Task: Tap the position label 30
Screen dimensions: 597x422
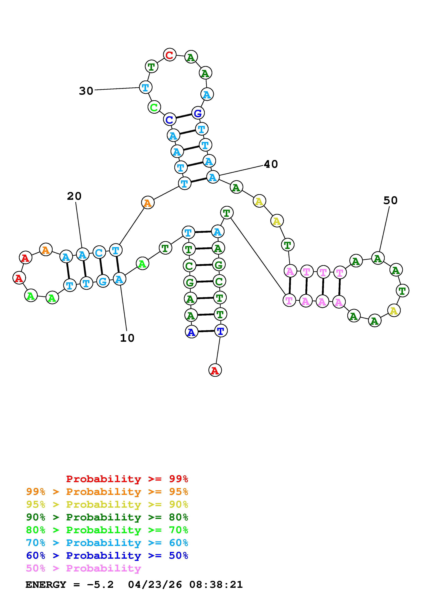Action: [86, 91]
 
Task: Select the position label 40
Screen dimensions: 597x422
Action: [271, 164]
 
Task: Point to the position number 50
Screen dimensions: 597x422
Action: [390, 200]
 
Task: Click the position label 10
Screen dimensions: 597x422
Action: [127, 338]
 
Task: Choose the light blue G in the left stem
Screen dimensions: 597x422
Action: [103, 281]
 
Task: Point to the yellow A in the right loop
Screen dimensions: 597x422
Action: [394, 310]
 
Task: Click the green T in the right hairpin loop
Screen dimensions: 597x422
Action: [402, 291]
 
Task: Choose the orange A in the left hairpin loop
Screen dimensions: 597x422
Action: [46, 250]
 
